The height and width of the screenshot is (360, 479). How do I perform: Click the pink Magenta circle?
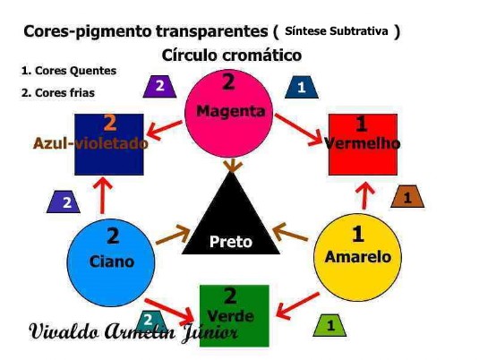pos(228,114)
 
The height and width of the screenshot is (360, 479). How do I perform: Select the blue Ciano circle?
pos(111,263)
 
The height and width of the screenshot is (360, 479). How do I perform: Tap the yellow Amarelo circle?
pos(358,257)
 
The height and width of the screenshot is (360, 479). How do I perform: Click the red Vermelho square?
pos(363,144)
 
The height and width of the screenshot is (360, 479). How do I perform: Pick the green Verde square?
pos(235,316)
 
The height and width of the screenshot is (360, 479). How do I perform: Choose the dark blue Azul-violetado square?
pos(109,144)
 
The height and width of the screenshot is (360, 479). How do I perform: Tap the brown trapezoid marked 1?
pos(407,196)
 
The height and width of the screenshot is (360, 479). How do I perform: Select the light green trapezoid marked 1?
pos(329,325)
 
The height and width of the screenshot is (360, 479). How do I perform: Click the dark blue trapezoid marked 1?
pos(302,87)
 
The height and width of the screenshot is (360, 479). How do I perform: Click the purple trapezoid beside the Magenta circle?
pos(159,87)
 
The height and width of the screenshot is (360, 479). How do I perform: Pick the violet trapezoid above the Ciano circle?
pos(64,201)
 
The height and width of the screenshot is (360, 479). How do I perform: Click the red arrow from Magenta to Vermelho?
pos(299,130)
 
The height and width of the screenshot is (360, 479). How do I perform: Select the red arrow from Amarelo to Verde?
pos(297,306)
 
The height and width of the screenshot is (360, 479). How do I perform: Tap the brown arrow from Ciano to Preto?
pos(173,235)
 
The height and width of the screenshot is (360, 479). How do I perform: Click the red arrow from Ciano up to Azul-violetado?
pos(102,195)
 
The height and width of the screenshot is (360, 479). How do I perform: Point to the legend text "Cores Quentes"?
pos(76,71)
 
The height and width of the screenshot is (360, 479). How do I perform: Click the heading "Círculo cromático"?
pos(232,56)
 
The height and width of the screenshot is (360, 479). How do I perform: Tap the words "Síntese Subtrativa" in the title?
pos(337,30)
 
